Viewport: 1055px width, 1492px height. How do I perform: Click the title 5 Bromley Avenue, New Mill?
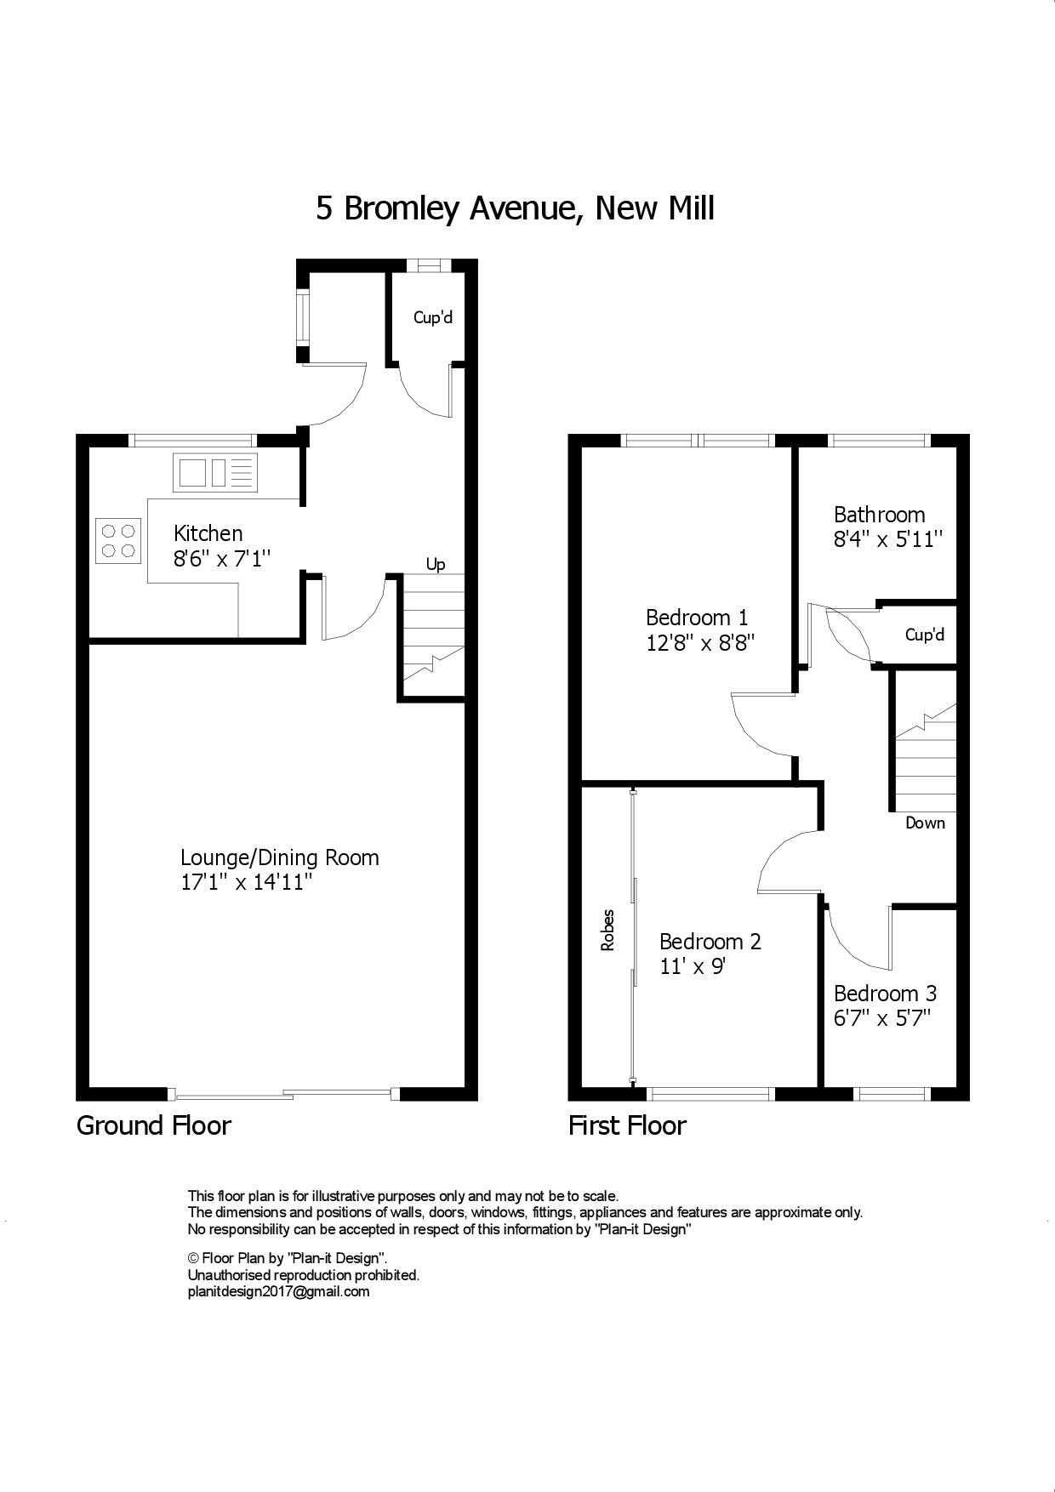point(515,208)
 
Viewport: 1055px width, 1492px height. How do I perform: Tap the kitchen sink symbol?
point(215,473)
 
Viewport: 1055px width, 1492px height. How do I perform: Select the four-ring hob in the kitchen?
point(118,539)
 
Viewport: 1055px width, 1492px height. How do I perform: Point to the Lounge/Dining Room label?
point(280,857)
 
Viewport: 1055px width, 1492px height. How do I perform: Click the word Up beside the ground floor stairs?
point(436,565)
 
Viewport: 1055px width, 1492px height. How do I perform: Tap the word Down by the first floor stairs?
point(925,823)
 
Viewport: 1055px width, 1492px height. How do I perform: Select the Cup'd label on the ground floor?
point(433,317)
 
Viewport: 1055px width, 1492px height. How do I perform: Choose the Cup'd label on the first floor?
point(925,635)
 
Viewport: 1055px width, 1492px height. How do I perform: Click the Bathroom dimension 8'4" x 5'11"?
point(889,539)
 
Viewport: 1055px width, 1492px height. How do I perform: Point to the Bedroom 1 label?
point(697,617)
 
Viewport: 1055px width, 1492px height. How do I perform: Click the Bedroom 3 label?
point(886,993)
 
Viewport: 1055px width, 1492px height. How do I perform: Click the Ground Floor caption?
point(154,1125)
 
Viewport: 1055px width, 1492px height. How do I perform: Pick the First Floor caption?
point(627,1125)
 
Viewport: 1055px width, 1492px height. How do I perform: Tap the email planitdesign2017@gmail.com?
point(278,1291)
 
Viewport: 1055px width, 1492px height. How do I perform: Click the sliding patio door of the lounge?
point(283,1094)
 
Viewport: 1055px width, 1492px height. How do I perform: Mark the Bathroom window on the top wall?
point(878,440)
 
